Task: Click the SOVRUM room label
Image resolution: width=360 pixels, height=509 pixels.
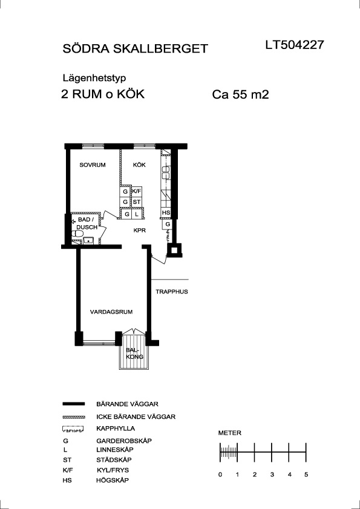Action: click(93, 165)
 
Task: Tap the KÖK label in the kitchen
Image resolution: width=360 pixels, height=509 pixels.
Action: click(139, 165)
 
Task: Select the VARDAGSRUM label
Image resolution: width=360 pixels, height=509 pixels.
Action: click(111, 312)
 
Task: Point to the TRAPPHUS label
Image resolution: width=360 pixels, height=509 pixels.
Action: click(172, 292)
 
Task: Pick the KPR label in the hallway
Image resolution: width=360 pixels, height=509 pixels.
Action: click(140, 231)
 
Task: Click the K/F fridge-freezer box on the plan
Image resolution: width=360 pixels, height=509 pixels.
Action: click(136, 191)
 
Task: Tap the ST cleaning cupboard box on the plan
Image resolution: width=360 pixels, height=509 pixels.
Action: click(136, 202)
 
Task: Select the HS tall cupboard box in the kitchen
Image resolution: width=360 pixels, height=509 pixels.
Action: click(166, 213)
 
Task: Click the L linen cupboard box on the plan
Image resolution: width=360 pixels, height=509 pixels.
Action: click(137, 214)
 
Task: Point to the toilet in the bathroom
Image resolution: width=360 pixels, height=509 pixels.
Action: click(77, 234)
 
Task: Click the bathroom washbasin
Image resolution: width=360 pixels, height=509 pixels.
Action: click(88, 240)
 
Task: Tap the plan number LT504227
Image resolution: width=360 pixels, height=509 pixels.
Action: click(295, 45)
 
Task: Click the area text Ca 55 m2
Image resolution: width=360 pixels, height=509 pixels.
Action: click(241, 95)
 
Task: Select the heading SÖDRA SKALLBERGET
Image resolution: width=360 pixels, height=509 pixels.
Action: click(135, 48)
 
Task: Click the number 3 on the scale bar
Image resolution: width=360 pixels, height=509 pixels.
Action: click(272, 475)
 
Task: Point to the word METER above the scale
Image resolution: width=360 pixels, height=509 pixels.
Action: click(230, 433)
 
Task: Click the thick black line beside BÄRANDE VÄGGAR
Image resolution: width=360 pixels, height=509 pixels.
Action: click(73, 404)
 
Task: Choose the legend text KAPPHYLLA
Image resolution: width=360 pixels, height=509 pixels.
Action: click(116, 429)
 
